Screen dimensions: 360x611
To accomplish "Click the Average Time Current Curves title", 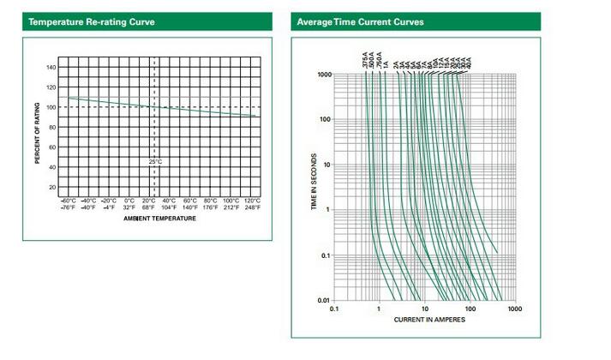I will click(360, 21).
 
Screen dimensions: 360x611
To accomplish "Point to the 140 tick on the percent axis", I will click(51, 68).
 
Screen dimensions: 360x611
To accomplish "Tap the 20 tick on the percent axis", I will click(52, 187).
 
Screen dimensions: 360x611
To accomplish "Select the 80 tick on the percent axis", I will click(52, 127).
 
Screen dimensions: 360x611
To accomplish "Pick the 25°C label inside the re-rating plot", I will click(154, 161).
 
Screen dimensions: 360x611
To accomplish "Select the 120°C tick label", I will click(252, 201).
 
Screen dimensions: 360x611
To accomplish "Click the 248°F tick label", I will click(252, 207).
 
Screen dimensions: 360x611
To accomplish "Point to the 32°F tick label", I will click(129, 207).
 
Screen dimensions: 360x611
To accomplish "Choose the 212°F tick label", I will click(231, 207).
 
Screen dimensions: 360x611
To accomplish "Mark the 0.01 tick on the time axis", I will click(322, 300).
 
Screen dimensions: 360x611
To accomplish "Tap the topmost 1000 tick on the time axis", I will click(322, 75).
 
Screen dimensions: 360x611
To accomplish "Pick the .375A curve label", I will click(365, 61).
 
